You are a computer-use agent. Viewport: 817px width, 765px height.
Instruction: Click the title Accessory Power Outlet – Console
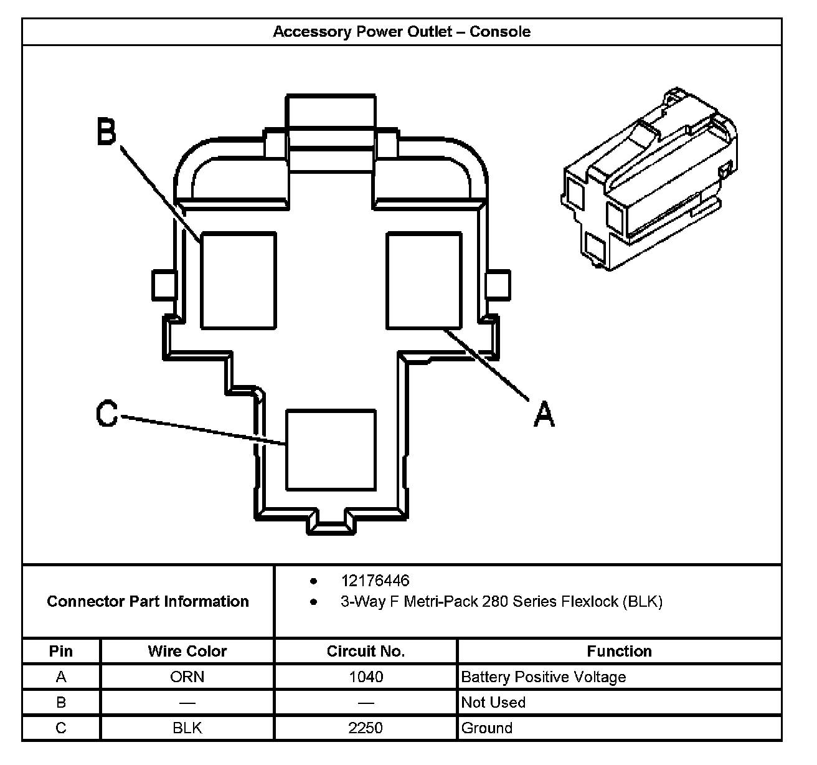tap(402, 32)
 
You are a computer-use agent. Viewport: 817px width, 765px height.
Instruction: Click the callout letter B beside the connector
tap(106, 132)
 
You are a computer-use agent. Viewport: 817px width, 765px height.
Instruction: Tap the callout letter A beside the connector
tap(544, 414)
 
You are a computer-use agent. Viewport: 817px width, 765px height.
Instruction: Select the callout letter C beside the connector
tap(107, 415)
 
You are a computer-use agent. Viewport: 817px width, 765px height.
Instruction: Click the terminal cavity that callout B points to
tap(238, 280)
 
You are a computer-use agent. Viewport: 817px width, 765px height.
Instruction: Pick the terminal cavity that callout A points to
tap(424, 280)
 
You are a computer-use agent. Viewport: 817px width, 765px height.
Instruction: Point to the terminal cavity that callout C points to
tap(331, 450)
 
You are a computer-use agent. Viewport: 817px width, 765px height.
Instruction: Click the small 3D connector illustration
tap(648, 181)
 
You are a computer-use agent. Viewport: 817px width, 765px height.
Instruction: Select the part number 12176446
tap(375, 581)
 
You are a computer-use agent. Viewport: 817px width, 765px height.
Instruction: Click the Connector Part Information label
tap(148, 601)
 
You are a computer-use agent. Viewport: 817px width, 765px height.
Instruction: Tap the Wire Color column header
tap(187, 651)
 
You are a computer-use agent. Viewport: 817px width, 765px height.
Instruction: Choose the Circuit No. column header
tap(366, 651)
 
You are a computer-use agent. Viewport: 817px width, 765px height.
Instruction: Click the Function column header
tap(619, 651)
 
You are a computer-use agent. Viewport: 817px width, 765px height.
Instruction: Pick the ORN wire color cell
tap(187, 677)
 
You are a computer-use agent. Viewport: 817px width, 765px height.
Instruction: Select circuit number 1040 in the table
tap(366, 677)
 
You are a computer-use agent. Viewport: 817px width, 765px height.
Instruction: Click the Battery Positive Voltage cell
tap(543, 677)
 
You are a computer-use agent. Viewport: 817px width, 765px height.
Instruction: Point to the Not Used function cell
tap(493, 702)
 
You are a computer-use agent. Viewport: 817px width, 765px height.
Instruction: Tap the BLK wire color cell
tap(187, 728)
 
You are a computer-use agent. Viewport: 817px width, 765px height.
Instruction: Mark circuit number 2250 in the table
tap(366, 728)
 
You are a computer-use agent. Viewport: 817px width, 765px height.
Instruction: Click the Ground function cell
tap(486, 728)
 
